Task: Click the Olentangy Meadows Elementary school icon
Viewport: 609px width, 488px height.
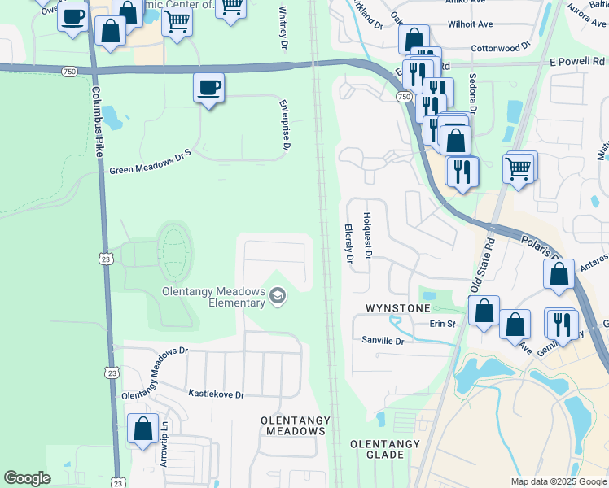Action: (278, 295)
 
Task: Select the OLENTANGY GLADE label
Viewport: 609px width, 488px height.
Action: (384, 449)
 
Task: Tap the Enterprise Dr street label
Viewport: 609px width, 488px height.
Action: (286, 127)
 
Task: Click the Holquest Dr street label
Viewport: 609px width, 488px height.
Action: (367, 236)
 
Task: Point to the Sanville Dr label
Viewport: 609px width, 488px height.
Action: (384, 342)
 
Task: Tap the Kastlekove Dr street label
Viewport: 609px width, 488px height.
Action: (217, 394)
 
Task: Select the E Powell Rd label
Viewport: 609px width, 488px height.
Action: (577, 61)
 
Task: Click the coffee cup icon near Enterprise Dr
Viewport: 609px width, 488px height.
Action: (208, 88)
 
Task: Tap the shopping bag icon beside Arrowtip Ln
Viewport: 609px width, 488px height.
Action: (142, 429)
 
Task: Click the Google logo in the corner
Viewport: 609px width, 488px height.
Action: (27, 478)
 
